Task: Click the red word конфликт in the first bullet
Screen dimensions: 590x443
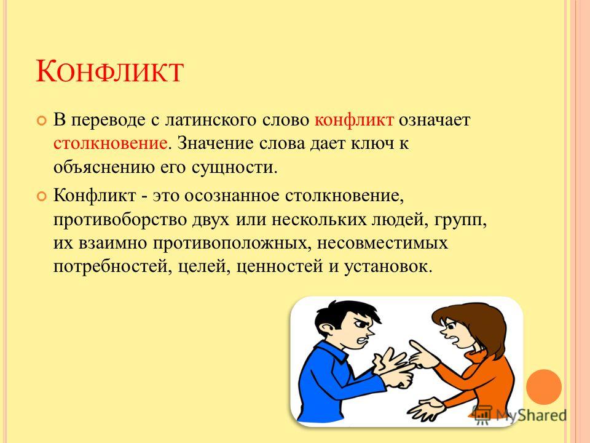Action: tap(354, 120)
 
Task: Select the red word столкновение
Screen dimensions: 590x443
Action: tap(110, 143)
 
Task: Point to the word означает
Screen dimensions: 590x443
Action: tap(435, 120)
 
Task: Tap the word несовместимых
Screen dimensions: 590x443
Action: tap(382, 243)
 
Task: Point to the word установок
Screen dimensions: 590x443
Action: tap(388, 266)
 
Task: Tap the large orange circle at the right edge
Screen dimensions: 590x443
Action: tap(544, 387)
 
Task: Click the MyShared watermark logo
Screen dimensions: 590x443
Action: tap(520, 415)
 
